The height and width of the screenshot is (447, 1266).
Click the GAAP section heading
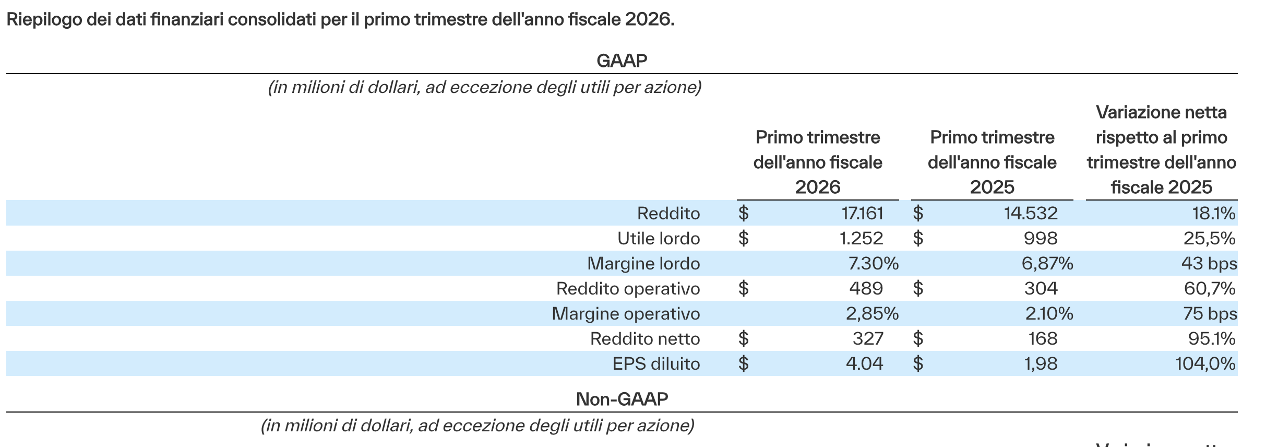622,61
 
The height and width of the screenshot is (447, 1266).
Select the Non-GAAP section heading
622,399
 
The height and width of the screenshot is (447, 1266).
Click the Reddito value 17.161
862,213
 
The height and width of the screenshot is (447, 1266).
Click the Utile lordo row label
659,238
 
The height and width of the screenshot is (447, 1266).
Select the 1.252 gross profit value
861,238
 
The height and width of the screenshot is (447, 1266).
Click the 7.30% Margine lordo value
873,263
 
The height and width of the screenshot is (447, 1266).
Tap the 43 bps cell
1209,263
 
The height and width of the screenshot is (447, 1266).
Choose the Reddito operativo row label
628,288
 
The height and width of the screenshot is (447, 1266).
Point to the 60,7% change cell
1210,288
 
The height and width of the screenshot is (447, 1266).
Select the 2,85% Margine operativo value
872,313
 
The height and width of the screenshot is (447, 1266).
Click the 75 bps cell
1210,313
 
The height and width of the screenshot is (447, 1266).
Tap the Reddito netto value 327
868,338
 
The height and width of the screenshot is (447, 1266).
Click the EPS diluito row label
656,363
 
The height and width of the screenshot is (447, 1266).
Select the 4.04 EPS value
864,363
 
